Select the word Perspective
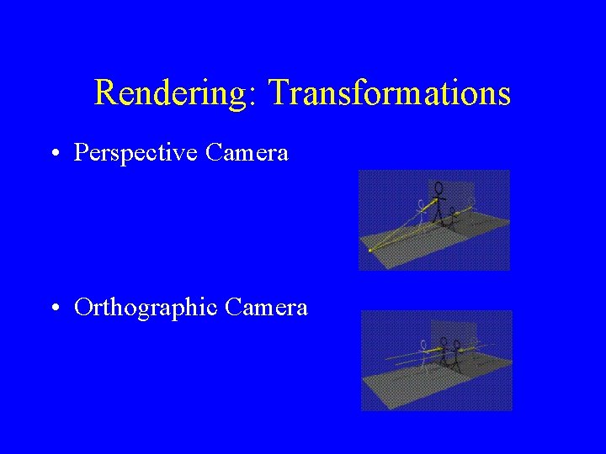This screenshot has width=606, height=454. tap(136, 153)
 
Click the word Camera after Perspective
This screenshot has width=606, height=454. tap(247, 153)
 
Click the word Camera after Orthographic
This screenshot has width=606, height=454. tap(266, 308)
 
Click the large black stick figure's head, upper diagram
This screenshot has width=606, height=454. tap(438, 187)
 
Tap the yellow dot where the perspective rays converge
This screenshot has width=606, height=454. tap(369, 250)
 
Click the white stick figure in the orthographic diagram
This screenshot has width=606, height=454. tap(422, 354)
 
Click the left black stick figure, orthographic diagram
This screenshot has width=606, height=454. tap(444, 352)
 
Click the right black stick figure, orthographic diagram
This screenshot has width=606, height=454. tap(457, 353)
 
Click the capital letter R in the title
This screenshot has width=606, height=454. tap(104, 92)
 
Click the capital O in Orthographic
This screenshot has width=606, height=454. tap(83, 308)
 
